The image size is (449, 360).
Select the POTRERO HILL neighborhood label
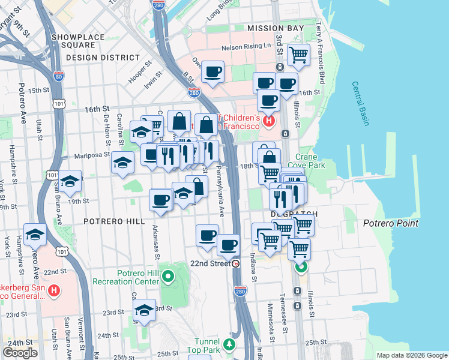114,221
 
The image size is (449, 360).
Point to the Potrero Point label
391,223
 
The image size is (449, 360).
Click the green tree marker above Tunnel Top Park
228,344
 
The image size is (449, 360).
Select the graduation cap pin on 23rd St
144,310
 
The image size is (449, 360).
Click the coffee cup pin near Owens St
212,72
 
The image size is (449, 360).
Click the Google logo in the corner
20,353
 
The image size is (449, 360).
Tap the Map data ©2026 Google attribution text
412,355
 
